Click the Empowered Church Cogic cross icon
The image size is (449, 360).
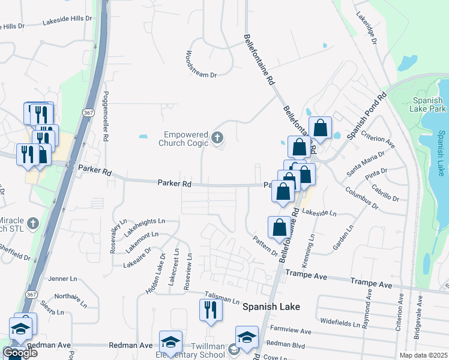217,139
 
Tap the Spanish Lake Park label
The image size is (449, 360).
429,104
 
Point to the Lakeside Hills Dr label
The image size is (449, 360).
68,21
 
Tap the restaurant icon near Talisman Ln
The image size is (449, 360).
211,310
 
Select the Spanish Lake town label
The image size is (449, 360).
271,306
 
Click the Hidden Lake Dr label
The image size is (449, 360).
155,273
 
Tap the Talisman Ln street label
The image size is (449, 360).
222,296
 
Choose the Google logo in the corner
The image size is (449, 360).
20,353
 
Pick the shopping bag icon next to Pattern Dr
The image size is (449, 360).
279,227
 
